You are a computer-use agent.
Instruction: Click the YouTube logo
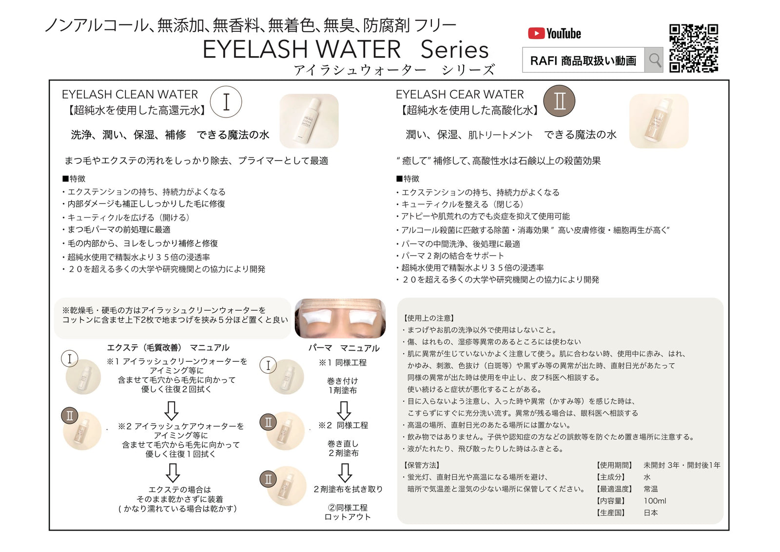pyautogui.click(x=554, y=34)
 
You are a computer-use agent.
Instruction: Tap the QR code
pyautogui.click(x=693, y=48)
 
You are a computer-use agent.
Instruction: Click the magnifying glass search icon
pyautogui.click(x=654, y=60)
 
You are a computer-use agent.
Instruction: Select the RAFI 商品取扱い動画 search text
pyautogui.click(x=583, y=60)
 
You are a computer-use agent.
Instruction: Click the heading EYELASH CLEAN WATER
pyautogui.click(x=130, y=94)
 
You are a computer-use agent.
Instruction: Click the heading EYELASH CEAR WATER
pyautogui.click(x=460, y=94)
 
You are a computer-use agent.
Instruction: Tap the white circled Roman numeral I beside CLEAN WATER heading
pyautogui.click(x=226, y=102)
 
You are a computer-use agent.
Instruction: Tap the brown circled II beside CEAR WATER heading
pyautogui.click(x=559, y=101)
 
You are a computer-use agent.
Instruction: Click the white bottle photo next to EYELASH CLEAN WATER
pyautogui.click(x=309, y=121)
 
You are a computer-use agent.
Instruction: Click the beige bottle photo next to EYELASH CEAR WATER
pyautogui.click(x=659, y=121)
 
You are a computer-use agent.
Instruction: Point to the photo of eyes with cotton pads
pyautogui.click(x=340, y=318)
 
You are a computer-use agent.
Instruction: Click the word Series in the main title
pyautogui.click(x=454, y=50)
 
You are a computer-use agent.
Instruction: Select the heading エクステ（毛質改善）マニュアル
pyautogui.click(x=168, y=348)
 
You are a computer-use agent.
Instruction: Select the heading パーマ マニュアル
pyautogui.click(x=344, y=348)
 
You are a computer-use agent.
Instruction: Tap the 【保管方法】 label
pyautogui.click(x=422, y=465)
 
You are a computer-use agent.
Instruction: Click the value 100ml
pyautogui.click(x=655, y=501)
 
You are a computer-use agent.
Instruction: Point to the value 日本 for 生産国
pyautogui.click(x=651, y=513)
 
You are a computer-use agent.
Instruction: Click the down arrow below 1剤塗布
pyautogui.click(x=344, y=411)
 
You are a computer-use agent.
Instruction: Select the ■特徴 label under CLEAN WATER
pyautogui.click(x=74, y=179)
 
